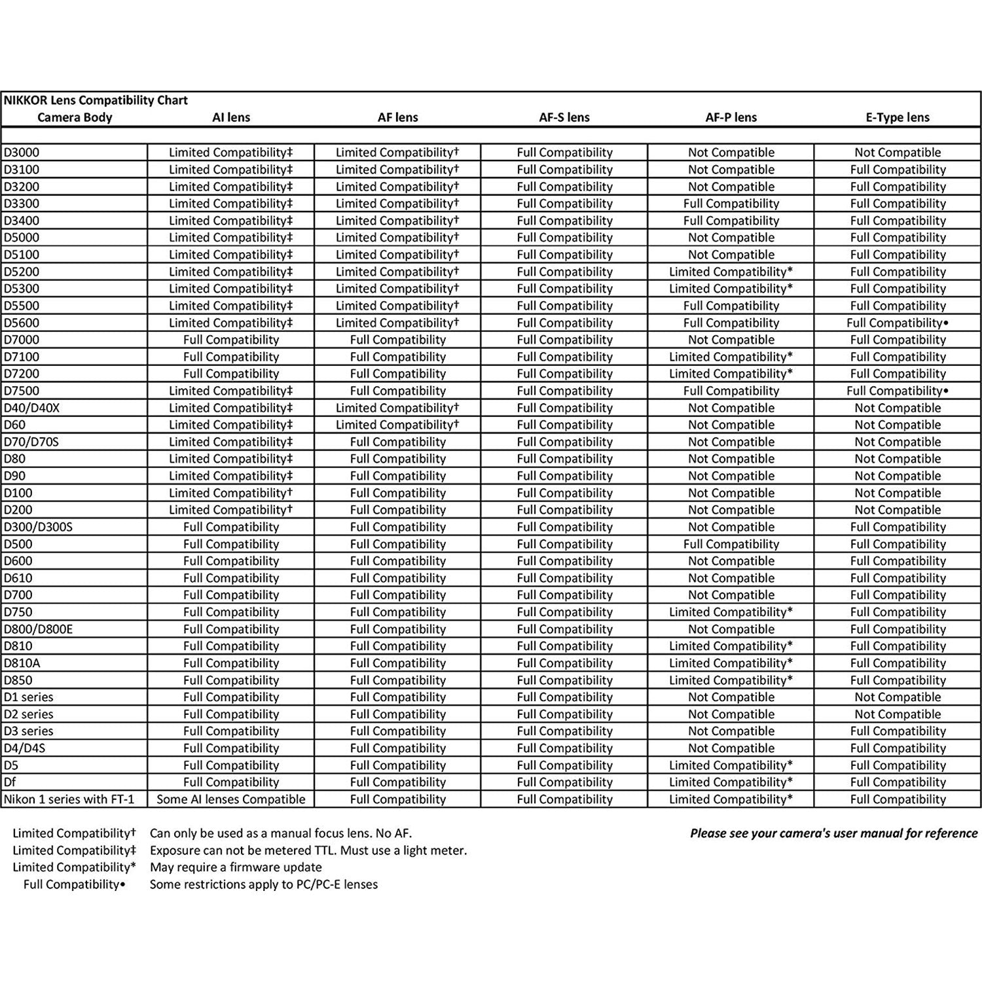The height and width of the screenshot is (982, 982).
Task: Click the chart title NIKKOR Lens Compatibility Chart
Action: click(x=96, y=100)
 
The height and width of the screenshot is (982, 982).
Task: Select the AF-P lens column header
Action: click(x=731, y=118)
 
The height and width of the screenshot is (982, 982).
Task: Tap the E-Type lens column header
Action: click(x=897, y=118)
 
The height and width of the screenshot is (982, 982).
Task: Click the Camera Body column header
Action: click(x=75, y=118)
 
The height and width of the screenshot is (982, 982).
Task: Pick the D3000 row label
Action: click(x=22, y=153)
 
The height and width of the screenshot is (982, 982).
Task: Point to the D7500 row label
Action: click(x=22, y=391)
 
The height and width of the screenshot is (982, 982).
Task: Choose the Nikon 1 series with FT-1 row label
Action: click(x=69, y=799)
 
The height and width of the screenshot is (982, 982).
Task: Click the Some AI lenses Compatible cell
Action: click(x=231, y=799)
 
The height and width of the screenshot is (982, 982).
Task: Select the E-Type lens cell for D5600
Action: click(x=897, y=323)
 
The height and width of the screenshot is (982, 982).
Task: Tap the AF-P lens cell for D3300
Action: click(x=731, y=204)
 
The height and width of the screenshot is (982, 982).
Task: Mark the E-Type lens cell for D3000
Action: click(x=897, y=153)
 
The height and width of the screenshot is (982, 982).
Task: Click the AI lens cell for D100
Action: click(x=231, y=493)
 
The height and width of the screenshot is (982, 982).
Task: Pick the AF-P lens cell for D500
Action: click(x=731, y=544)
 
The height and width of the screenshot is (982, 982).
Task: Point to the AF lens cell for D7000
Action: click(x=397, y=340)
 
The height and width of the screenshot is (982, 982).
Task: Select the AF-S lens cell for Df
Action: click(x=564, y=782)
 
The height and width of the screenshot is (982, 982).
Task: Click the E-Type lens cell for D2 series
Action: click(x=897, y=714)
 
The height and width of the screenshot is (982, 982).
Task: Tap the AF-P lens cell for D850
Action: click(x=731, y=680)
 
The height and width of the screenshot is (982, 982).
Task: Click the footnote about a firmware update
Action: click(x=236, y=867)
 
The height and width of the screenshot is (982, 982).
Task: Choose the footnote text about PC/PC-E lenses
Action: click(x=263, y=884)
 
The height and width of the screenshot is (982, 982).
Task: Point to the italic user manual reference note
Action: click(x=833, y=833)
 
